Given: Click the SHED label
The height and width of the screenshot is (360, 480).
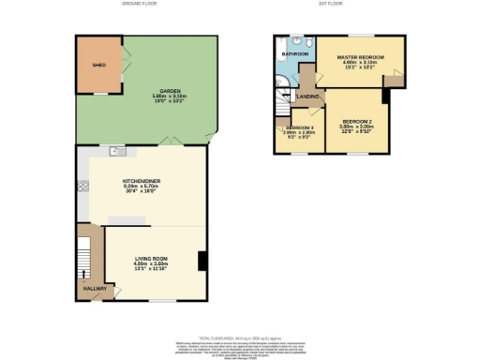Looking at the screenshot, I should (x=97, y=67).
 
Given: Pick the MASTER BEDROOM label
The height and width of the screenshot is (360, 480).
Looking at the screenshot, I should (x=361, y=58).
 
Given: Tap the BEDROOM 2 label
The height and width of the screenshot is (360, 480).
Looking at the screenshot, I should (x=357, y=122).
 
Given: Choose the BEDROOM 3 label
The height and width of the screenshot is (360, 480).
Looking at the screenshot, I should (x=299, y=127).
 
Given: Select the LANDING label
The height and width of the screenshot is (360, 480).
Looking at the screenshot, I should (x=309, y=97).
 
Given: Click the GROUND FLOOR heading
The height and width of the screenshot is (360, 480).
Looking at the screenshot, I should (x=138, y=4).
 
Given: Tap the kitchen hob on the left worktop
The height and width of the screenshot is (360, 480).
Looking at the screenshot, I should (x=82, y=186).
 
